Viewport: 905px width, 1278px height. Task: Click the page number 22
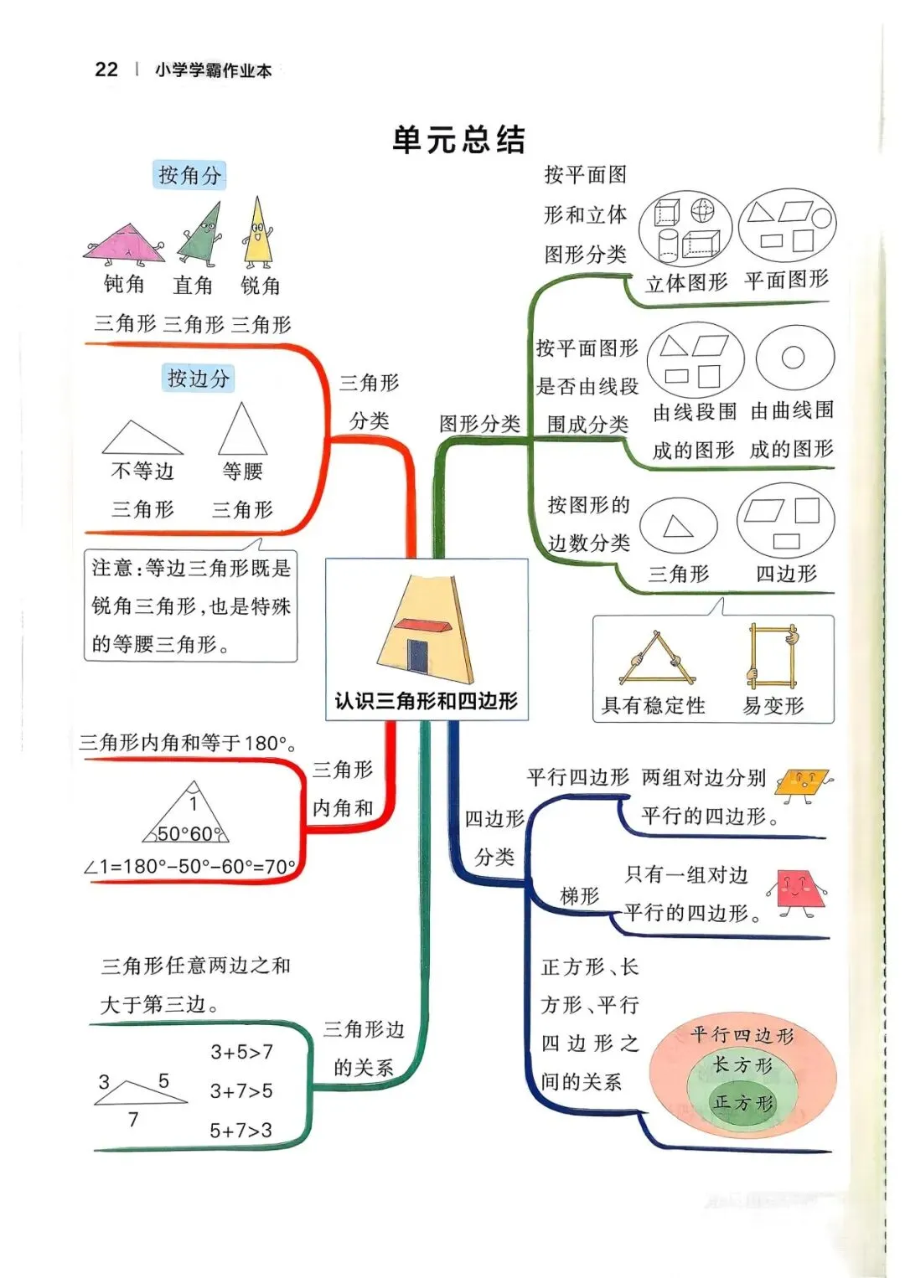[x=106, y=70]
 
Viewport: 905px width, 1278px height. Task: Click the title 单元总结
[x=458, y=140]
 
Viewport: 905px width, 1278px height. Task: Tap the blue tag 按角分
[x=190, y=175]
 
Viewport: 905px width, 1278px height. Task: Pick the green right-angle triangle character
[x=201, y=237]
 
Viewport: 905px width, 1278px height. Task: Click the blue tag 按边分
[x=199, y=378]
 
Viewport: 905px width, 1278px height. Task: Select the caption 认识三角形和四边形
[x=426, y=701]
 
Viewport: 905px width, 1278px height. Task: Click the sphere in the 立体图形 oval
[x=702, y=209]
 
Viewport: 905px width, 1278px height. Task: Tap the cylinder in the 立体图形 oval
[x=667, y=245]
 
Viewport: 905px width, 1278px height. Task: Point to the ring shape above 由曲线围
[x=794, y=358]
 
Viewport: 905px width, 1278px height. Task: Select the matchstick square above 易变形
[x=773, y=653]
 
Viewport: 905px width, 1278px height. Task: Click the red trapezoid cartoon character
[x=795, y=890]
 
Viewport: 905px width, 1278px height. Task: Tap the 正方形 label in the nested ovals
[x=742, y=1103]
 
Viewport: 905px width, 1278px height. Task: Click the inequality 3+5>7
[x=241, y=1052]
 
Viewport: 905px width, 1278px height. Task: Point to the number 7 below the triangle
[x=133, y=1119]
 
